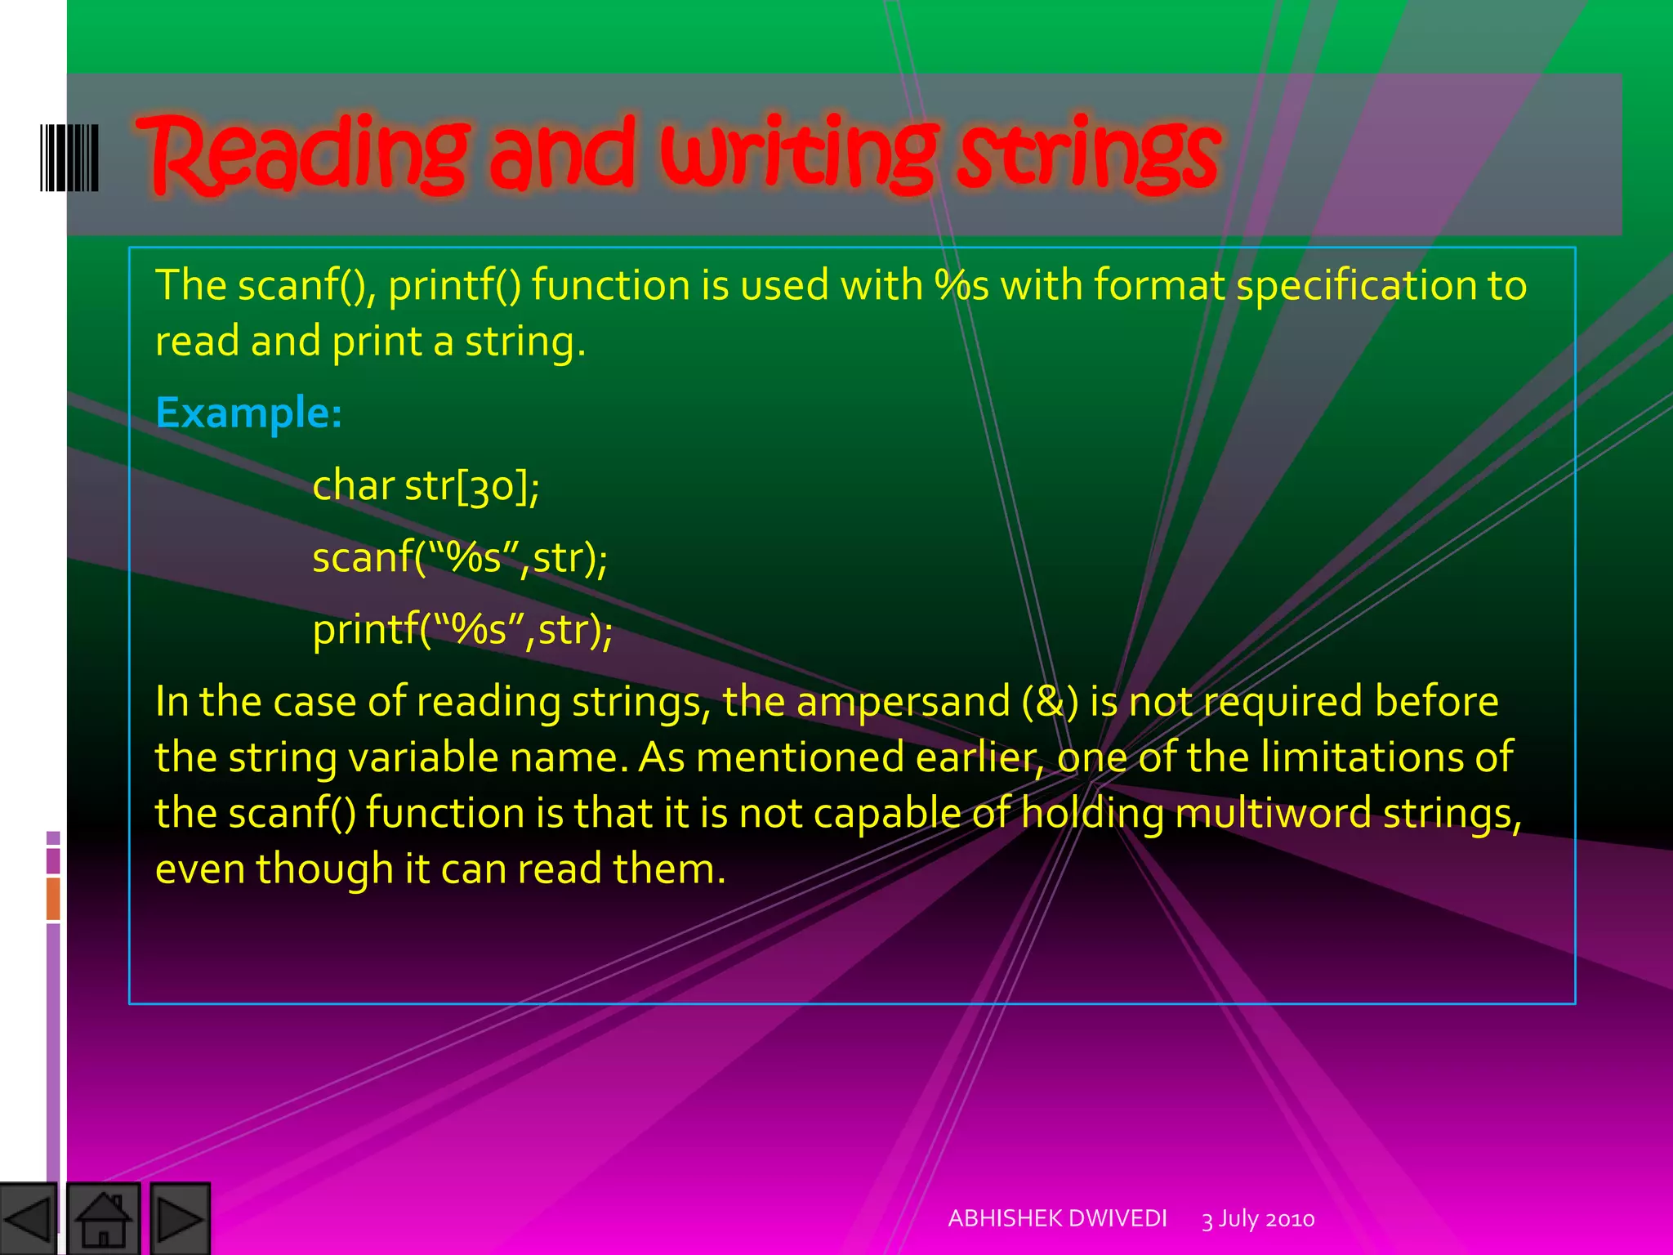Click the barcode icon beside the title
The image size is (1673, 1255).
click(x=69, y=157)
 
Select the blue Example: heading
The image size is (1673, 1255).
click(x=248, y=413)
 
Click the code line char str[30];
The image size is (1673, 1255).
click(x=426, y=485)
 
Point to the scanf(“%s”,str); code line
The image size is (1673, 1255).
click(x=460, y=558)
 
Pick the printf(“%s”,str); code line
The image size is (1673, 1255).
click(x=462, y=630)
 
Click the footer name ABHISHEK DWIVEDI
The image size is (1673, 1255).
click(x=1057, y=1218)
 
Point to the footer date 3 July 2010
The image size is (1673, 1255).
click(x=1258, y=1219)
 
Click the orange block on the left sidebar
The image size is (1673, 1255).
click(x=53, y=898)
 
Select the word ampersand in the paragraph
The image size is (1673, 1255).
click(x=903, y=702)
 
